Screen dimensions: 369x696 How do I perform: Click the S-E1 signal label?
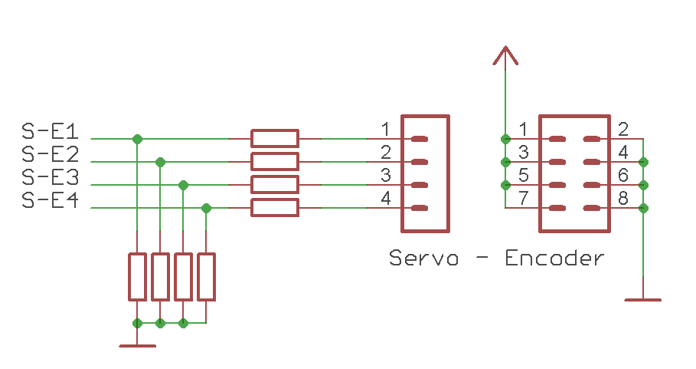[x=51, y=131]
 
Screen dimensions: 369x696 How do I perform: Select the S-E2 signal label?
[x=51, y=154]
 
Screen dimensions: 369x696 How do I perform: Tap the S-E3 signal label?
[x=51, y=177]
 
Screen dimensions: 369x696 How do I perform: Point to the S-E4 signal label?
[x=51, y=200]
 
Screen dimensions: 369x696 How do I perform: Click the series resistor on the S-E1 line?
[x=274, y=138]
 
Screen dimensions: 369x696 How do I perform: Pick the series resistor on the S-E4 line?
[x=274, y=207]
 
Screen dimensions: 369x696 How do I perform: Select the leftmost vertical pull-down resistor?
[x=137, y=276]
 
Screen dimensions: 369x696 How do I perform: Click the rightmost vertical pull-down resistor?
[x=206, y=276]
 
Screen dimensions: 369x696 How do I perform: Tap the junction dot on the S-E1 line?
[x=137, y=139]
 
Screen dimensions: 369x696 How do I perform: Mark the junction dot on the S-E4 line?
[x=206, y=208]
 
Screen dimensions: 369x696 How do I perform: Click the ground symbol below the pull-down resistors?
[x=137, y=345]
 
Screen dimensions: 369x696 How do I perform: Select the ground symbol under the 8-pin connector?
[x=642, y=298]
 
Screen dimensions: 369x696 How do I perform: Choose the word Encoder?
[x=554, y=258]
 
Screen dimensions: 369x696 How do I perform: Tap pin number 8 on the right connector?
[x=623, y=199]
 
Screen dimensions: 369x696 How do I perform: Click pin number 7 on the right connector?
[x=523, y=199]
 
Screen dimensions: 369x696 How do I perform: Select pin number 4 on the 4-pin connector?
[x=386, y=199]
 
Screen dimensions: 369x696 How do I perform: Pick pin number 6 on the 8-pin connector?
[x=623, y=176]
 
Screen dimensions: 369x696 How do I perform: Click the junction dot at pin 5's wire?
[x=505, y=185]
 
